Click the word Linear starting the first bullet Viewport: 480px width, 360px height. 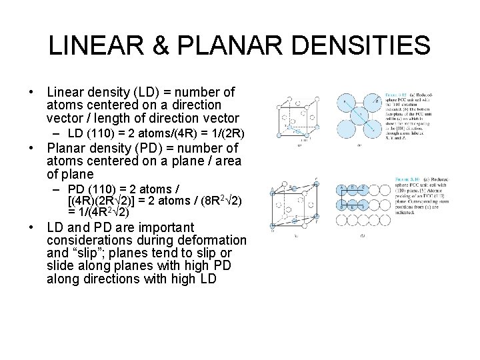[x=66, y=91]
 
